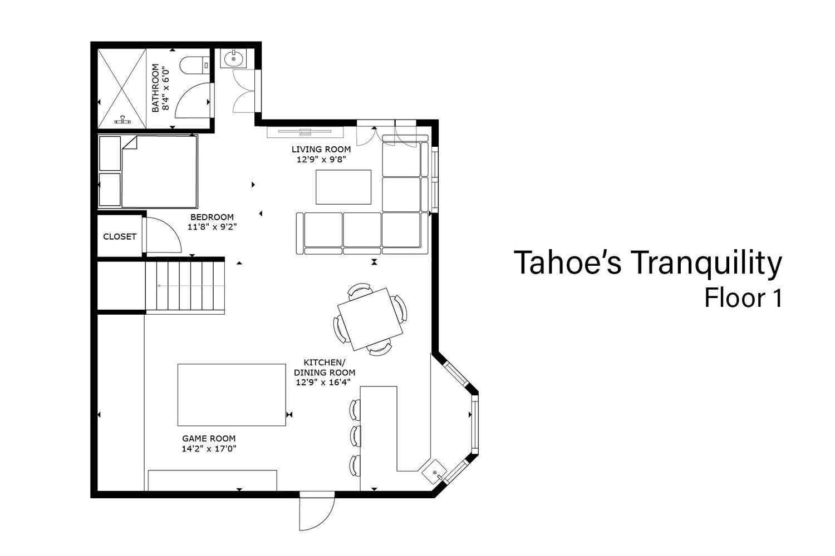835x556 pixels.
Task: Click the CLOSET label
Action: coord(120,236)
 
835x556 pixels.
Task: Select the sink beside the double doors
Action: coord(233,58)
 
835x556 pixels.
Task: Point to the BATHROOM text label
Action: coord(155,87)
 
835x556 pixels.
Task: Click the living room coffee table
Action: coord(343,187)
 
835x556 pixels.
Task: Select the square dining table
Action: coord(370,319)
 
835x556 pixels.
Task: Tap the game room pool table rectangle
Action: coord(232,395)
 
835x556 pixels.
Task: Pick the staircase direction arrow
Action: coord(190,286)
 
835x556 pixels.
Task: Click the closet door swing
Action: coord(163,235)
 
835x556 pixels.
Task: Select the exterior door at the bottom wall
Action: coord(317,513)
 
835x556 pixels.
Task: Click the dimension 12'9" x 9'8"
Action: coord(321,160)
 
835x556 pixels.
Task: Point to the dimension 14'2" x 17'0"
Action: coord(209,449)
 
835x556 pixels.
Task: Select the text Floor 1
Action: coord(743,298)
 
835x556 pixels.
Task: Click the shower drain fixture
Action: coord(122,120)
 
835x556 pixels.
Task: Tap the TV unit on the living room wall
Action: coord(305,132)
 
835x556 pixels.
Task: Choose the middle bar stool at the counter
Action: coord(355,436)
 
